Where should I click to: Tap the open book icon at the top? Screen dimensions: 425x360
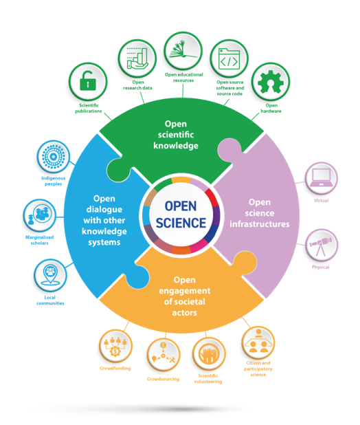(x=182, y=48)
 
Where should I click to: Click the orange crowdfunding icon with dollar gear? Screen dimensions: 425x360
(x=114, y=347)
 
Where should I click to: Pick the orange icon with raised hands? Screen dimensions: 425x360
(x=208, y=354)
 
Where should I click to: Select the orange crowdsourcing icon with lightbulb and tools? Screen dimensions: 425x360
(x=162, y=356)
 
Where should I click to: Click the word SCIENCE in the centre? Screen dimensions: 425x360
(x=180, y=223)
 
